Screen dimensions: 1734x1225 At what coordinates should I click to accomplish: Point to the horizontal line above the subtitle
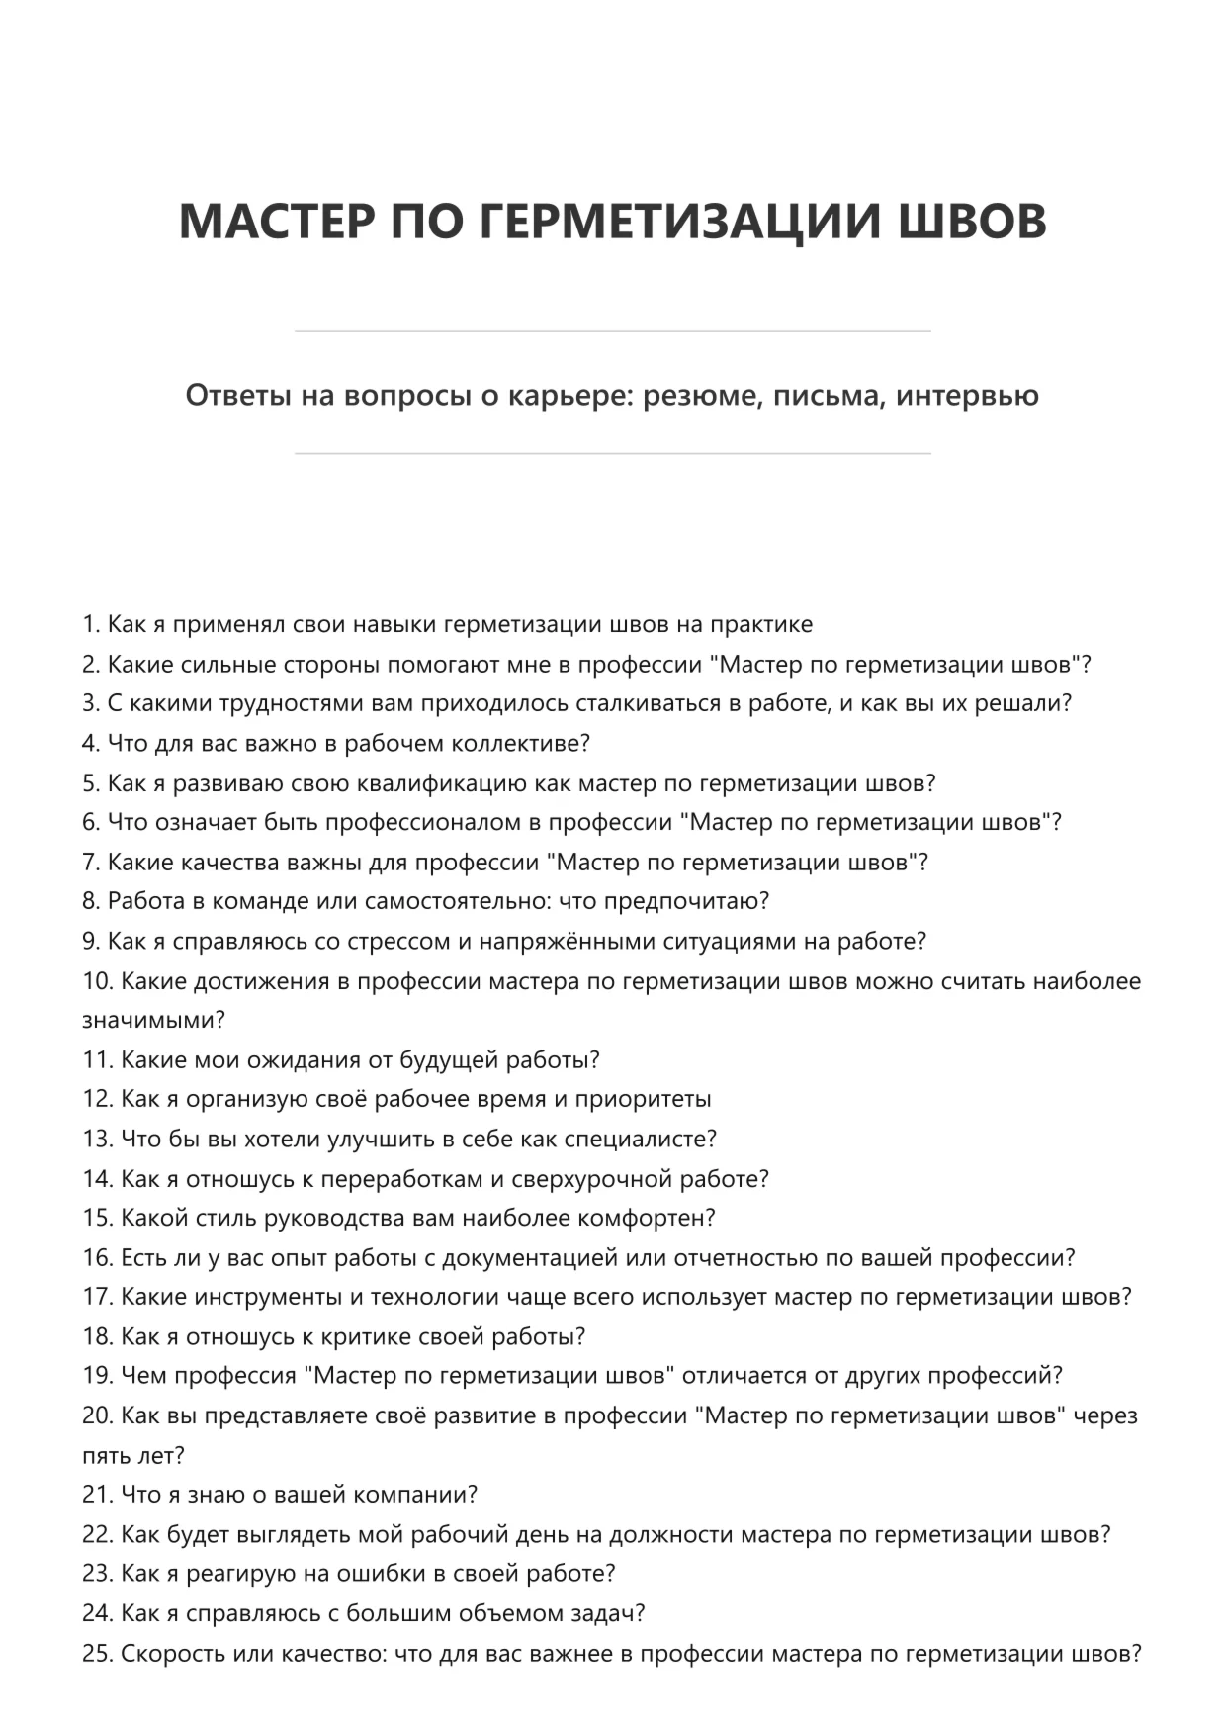(x=612, y=331)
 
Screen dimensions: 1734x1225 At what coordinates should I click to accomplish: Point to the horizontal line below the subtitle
(x=612, y=454)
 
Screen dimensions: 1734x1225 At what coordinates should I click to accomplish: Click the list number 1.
(x=90, y=625)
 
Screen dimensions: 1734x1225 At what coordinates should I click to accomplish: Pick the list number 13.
(x=97, y=1140)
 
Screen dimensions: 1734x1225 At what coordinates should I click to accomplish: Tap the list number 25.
(x=97, y=1654)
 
